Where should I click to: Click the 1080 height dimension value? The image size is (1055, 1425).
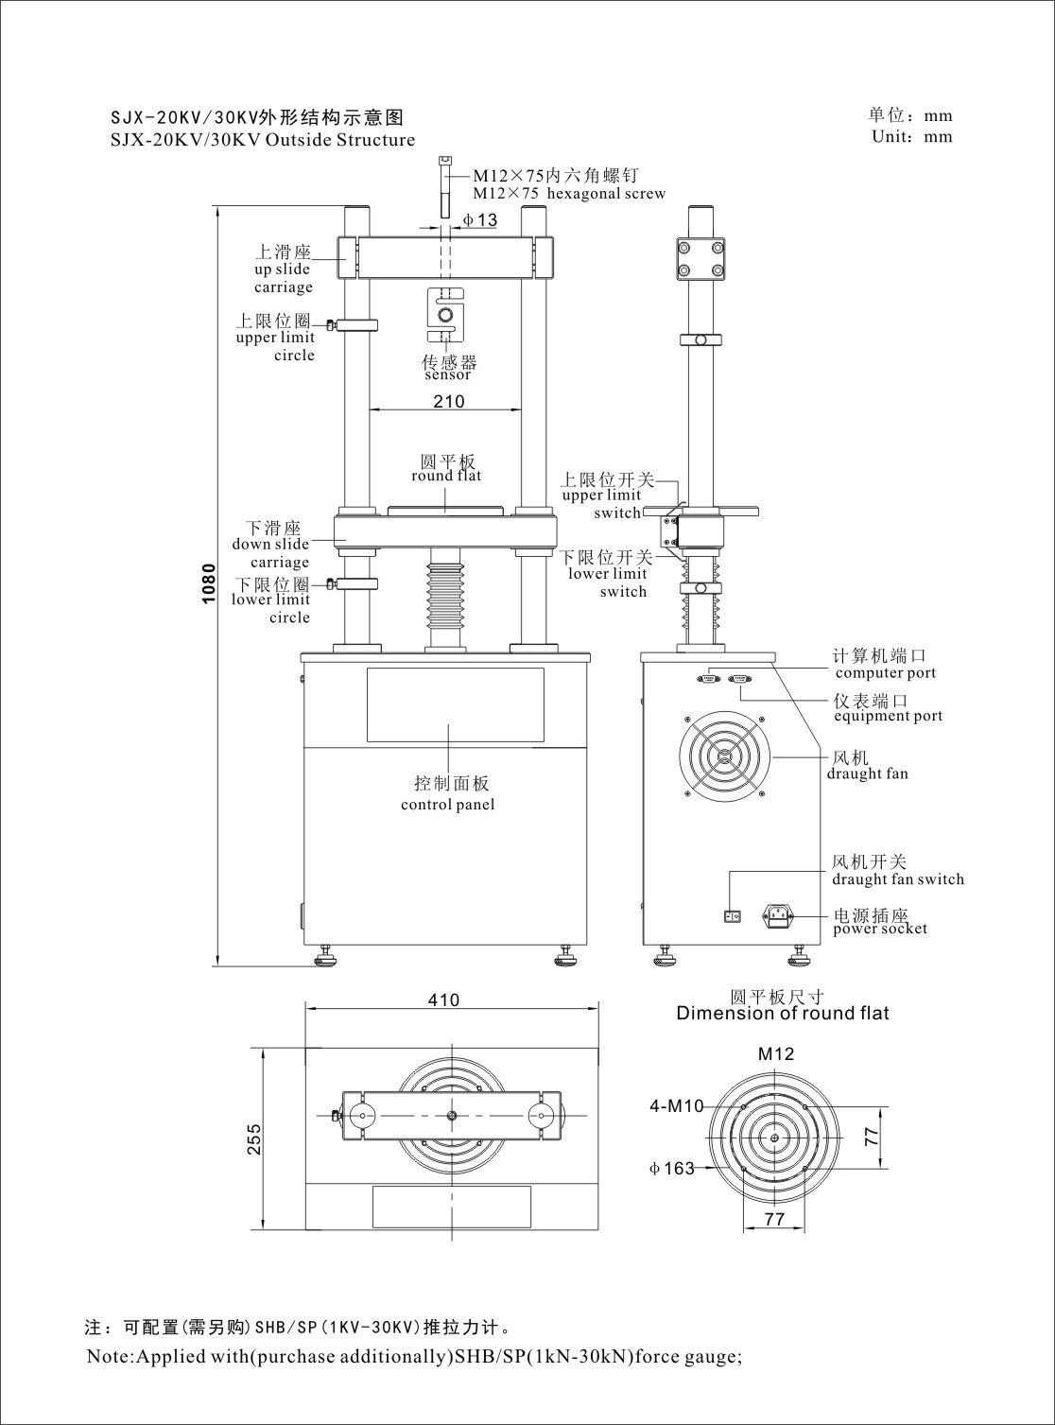coord(209,583)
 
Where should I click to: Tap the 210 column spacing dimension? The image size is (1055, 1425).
coord(449,401)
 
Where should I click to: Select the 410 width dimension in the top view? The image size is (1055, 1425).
coord(443,999)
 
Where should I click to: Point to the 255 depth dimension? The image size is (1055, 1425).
coord(254,1139)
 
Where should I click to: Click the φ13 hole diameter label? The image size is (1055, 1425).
coord(480,220)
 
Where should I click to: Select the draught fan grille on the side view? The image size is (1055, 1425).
coord(723,756)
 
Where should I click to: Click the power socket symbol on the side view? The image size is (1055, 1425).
coord(777,915)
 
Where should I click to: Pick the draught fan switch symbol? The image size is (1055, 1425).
coord(731,915)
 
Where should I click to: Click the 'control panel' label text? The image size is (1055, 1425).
coord(447,805)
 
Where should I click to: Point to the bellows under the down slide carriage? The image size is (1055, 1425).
coord(445,595)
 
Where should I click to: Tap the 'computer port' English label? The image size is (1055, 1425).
coord(885,673)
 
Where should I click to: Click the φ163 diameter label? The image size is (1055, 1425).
coord(672,1169)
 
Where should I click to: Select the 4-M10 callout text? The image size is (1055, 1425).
coord(677,1105)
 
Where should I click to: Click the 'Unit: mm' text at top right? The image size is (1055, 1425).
coord(911,136)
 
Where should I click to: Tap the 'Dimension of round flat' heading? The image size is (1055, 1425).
coord(783,1014)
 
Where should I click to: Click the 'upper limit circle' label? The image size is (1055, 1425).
coord(276,346)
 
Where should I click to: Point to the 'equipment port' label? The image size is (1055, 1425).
coord(888,716)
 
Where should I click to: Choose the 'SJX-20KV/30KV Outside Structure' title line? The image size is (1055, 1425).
coord(263,141)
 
